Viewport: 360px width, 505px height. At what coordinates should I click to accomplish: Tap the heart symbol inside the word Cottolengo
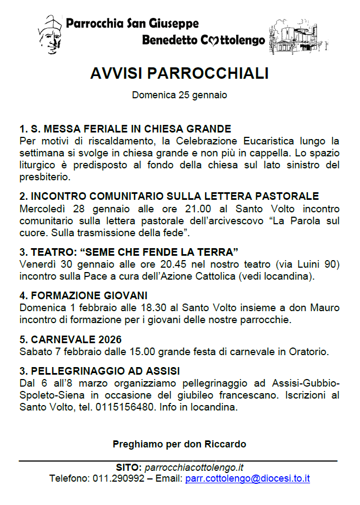[x=213, y=40]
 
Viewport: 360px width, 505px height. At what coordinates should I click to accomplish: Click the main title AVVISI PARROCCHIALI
[x=179, y=74]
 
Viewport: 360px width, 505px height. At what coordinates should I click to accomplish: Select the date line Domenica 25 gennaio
[x=179, y=95]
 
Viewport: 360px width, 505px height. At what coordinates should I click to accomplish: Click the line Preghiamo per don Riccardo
[x=179, y=444]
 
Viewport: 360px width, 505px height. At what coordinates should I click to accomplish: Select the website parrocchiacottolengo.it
[x=194, y=468]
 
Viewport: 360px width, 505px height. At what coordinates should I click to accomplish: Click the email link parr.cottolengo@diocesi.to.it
[x=247, y=479]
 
